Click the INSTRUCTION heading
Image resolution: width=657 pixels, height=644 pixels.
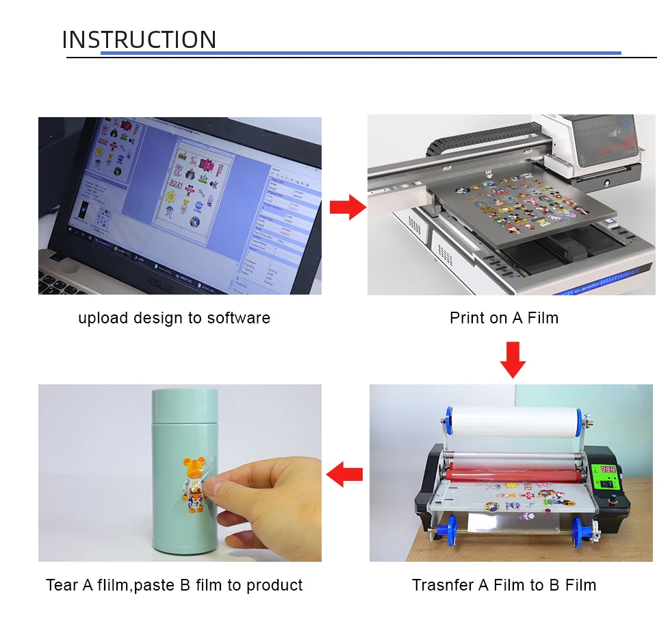[139, 40]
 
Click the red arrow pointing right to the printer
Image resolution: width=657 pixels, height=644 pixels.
[348, 207]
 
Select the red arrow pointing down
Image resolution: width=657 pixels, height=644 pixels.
[512, 360]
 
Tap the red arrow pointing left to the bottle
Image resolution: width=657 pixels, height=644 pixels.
[344, 473]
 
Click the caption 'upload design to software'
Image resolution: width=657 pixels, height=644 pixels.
[174, 318]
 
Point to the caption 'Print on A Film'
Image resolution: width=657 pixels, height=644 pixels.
[504, 318]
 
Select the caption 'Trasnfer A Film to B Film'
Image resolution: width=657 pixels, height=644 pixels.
[504, 585]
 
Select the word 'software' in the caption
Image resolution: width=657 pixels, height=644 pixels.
[239, 318]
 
